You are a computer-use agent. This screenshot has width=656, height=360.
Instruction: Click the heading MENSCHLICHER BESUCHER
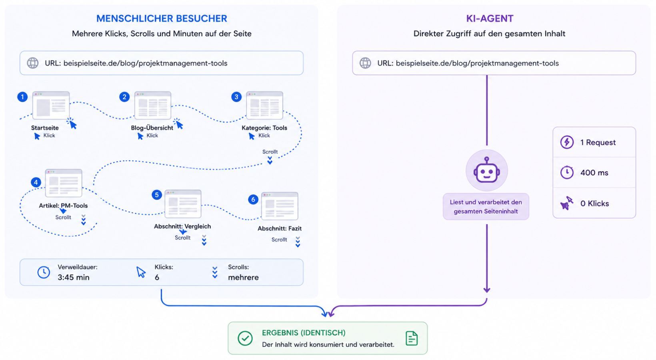(162, 18)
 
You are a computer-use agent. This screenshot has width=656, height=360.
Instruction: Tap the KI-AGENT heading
(490, 18)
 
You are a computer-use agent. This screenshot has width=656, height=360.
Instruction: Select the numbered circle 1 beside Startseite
(22, 97)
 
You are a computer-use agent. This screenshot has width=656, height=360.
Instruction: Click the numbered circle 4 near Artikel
(36, 182)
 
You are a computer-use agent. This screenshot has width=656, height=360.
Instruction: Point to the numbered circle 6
(253, 199)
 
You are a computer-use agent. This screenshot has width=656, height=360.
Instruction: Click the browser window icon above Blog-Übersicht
(153, 106)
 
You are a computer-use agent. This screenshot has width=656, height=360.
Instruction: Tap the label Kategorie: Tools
(264, 128)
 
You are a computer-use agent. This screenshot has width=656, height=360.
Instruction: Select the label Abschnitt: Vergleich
(182, 226)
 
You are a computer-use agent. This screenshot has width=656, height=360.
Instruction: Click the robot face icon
(486, 170)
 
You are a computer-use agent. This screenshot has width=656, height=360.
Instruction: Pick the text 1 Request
(598, 142)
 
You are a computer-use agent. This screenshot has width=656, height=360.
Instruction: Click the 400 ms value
(594, 173)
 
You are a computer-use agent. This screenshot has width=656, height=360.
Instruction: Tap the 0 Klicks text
(594, 204)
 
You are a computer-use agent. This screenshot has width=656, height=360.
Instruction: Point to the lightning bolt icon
(567, 142)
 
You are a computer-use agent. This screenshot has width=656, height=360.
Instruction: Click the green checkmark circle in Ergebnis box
(245, 338)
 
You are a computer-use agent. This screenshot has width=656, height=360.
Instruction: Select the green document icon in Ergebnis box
(411, 338)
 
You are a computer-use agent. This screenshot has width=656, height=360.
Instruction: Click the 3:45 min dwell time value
(74, 277)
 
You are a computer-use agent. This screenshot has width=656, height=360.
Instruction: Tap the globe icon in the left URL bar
(33, 63)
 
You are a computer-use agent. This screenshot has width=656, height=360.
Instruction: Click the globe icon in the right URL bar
(365, 63)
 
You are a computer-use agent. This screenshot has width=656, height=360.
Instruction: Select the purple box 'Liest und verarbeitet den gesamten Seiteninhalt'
(486, 207)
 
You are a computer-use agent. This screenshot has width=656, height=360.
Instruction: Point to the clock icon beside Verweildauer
(44, 272)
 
